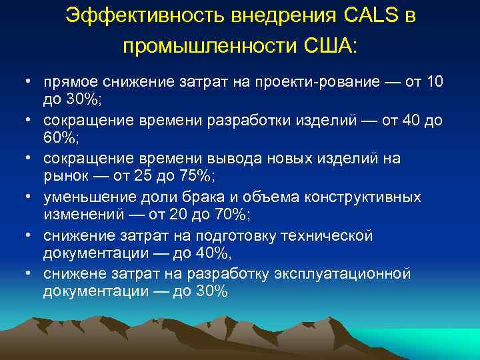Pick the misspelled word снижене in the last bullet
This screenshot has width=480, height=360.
(73, 275)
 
